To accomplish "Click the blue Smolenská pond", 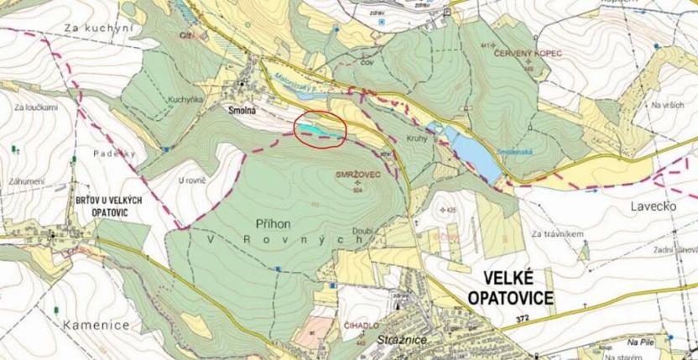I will [471, 152].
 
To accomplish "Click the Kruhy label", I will [418, 139].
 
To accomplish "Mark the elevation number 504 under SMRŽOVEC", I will [358, 190].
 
